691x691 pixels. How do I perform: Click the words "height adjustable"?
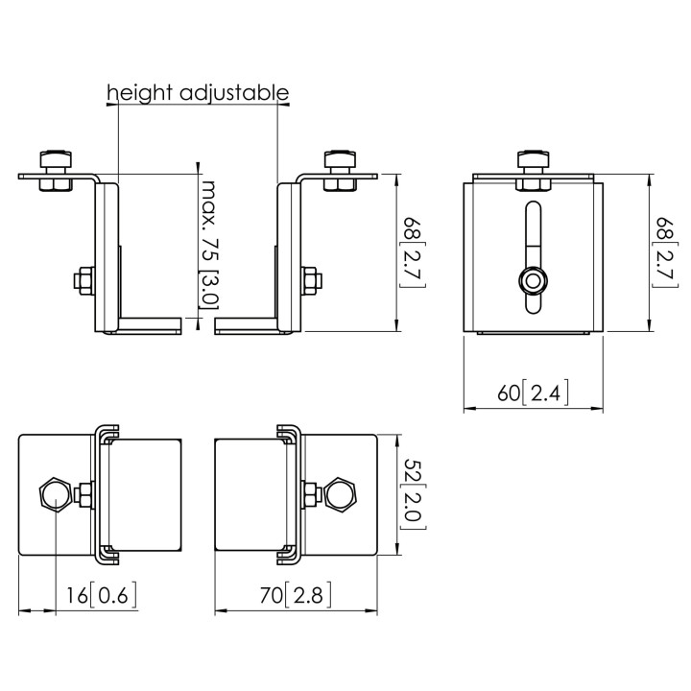point(198,93)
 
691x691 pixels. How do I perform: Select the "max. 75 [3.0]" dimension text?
point(210,244)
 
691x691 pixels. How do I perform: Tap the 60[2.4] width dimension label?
point(534,393)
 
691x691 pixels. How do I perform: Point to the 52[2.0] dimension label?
point(413,495)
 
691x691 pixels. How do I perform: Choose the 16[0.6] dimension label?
point(102,595)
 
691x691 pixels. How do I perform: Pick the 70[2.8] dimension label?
point(296,595)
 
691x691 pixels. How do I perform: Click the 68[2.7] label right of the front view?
point(665,253)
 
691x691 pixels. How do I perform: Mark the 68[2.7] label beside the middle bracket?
point(413,253)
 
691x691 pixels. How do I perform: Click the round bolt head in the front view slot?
point(534,280)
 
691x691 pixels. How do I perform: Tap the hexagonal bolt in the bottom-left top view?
point(55,494)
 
